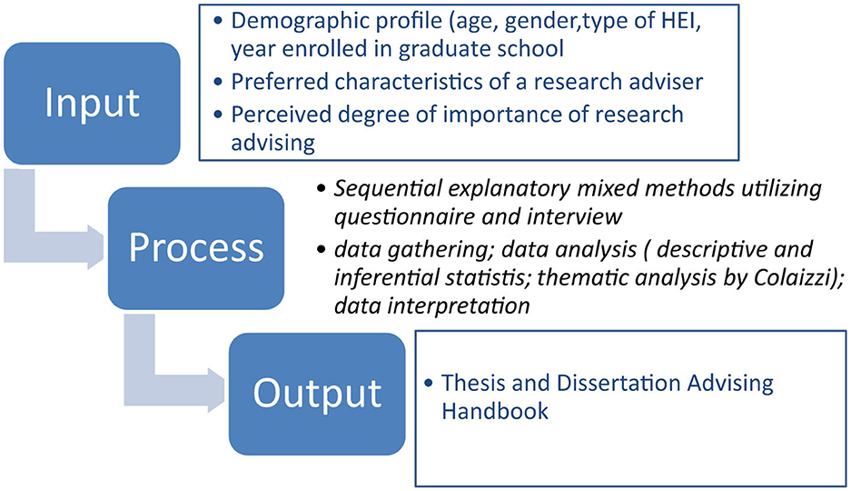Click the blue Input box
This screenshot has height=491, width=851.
(x=92, y=103)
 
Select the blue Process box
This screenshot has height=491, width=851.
(x=196, y=248)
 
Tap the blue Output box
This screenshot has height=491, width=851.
(x=317, y=394)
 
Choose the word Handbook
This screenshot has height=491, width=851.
(x=495, y=411)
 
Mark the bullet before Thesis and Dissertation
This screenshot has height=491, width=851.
(x=429, y=384)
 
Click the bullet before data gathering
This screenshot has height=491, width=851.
(x=322, y=250)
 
